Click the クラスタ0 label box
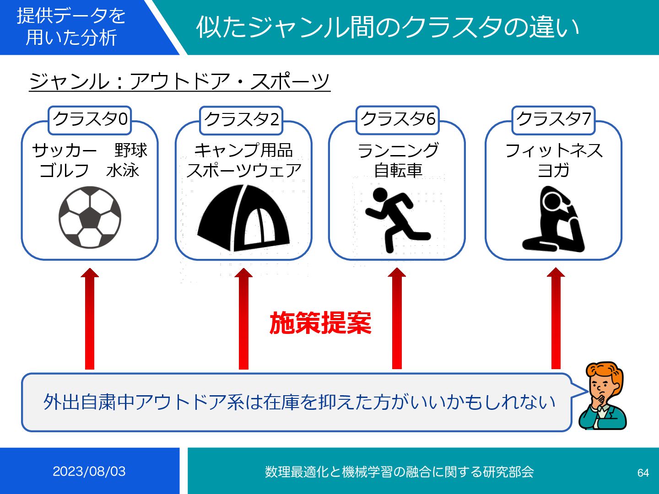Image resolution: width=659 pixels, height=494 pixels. coord(90,120)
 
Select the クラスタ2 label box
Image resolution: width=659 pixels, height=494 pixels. coord(241,120)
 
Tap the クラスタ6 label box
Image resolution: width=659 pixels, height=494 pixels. coord(397,120)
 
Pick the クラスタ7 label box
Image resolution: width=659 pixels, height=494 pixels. coord(553,120)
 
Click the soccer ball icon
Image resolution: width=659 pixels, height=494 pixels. coord(90,217)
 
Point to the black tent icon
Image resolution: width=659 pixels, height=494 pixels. coord(243,218)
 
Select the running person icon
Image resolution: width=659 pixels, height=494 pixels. coord(396,220)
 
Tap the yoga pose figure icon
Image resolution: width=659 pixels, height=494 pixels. coord(553,219)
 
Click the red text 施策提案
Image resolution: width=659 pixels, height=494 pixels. coord(320,323)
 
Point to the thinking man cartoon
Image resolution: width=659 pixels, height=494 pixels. coord(602,396)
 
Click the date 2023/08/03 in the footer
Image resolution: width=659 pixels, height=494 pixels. coord(89,471)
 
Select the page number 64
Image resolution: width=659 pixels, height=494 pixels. coord(643,473)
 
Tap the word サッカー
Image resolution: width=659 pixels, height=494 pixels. coord(65,150)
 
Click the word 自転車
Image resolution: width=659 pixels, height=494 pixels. coord(398,171)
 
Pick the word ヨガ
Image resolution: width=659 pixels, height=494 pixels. coord(553,171)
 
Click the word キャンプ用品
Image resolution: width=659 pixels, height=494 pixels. coord(243,150)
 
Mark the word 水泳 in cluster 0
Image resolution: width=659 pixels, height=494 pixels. coord(122,171)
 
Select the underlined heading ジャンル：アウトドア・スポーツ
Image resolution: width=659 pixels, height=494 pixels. coord(179,81)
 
